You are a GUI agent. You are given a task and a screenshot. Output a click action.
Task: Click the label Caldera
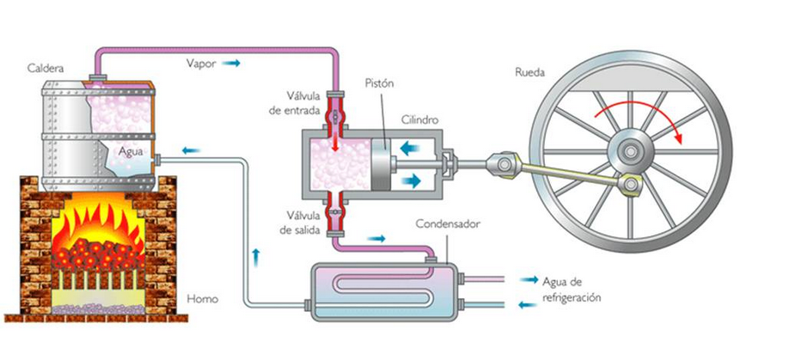click(x=43, y=65)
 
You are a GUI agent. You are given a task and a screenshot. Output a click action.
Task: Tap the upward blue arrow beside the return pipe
click(x=255, y=254)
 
